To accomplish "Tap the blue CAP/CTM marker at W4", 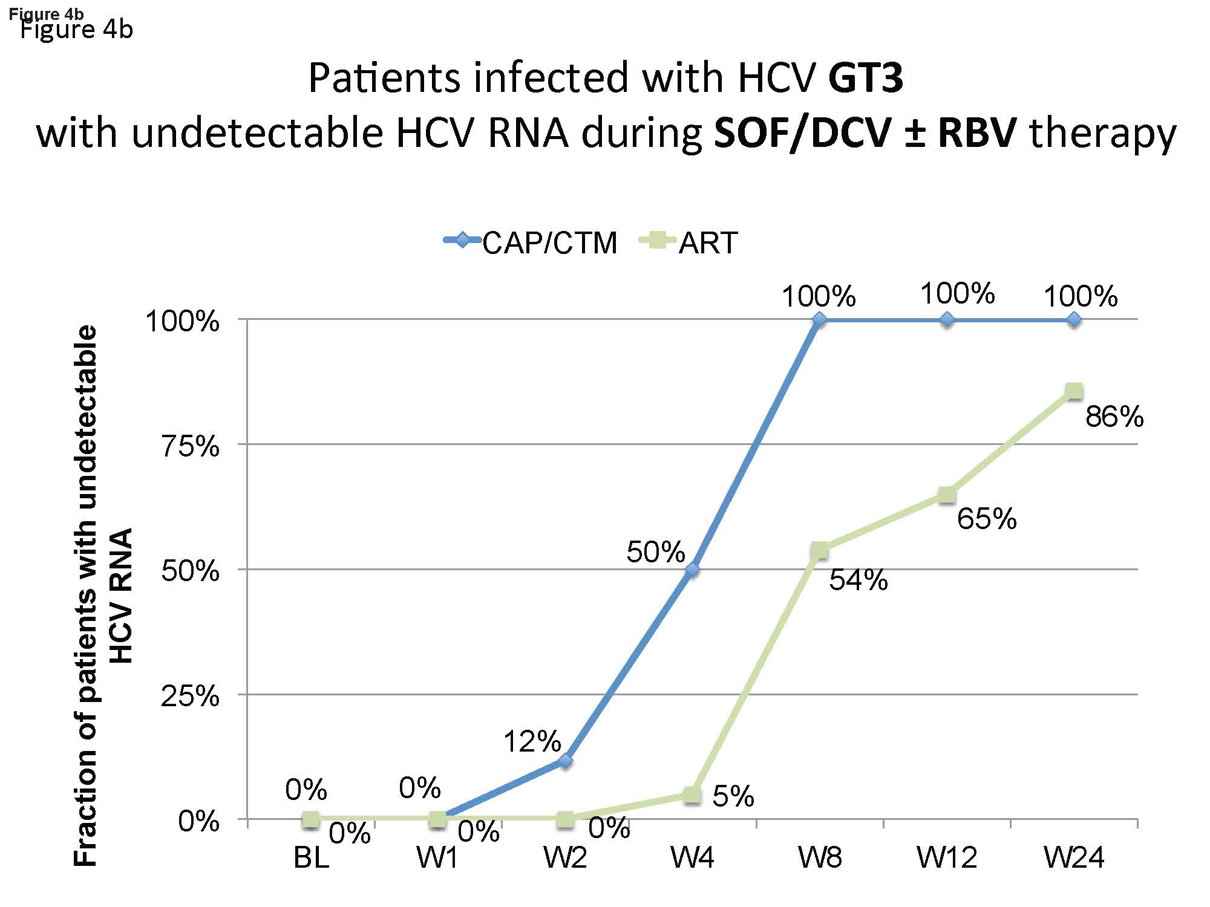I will pos(693,570).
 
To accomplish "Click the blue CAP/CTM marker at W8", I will pos(819,320).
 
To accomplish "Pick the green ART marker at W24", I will pos(1074,391).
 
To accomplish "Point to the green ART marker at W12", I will pos(947,495).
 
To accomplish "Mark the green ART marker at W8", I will pos(819,550).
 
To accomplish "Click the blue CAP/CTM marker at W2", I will pos(565,760).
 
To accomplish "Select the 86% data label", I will pos(1114,417).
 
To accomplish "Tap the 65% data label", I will pos(986,519).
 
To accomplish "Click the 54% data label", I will pos(858,580).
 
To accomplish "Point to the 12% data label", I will pos(532,741).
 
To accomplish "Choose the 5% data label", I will pos(733,796).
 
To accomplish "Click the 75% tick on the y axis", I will pos(189,447).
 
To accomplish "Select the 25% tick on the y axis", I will pos(189,697).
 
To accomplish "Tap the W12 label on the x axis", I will pos(947,858).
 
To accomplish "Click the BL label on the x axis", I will pos(311,858).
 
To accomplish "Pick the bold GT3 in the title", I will pos(865,78).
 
